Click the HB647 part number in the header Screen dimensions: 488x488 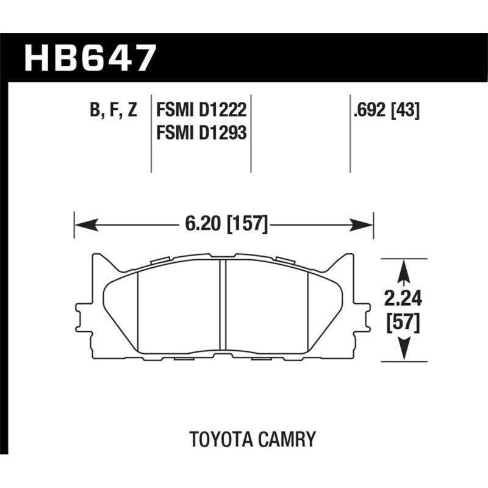90,59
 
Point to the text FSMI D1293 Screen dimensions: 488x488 201,132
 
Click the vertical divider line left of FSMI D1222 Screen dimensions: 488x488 151,134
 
